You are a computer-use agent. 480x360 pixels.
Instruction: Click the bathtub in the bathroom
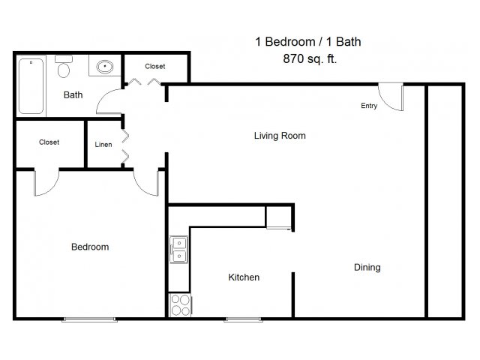coord(31,86)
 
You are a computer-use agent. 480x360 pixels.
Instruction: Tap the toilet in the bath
coord(64,67)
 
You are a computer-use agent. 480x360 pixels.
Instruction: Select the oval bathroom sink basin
coord(105,67)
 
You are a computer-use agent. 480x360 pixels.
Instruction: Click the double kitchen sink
coord(178,250)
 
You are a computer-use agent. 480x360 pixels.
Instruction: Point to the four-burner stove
coord(180,305)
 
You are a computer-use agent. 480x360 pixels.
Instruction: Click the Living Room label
coord(280,136)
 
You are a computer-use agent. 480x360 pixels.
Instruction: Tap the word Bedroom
coord(90,247)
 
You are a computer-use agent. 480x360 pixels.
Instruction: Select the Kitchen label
coord(244,277)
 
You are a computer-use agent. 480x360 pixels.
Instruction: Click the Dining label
coord(367,268)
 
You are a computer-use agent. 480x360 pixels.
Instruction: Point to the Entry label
coord(369,106)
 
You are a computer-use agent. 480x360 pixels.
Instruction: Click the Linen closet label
coord(103,145)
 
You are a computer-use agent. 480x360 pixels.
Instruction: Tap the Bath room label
coord(73,95)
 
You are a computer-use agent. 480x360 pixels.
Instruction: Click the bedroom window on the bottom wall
coord(89,320)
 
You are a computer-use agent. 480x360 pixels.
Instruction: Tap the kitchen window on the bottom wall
coord(243,320)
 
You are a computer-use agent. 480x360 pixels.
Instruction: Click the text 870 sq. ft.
coord(310,58)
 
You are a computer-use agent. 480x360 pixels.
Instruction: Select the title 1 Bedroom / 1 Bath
coord(308,42)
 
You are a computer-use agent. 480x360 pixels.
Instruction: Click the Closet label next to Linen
coord(49,142)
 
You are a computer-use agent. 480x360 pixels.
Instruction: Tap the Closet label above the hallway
coord(155,66)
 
